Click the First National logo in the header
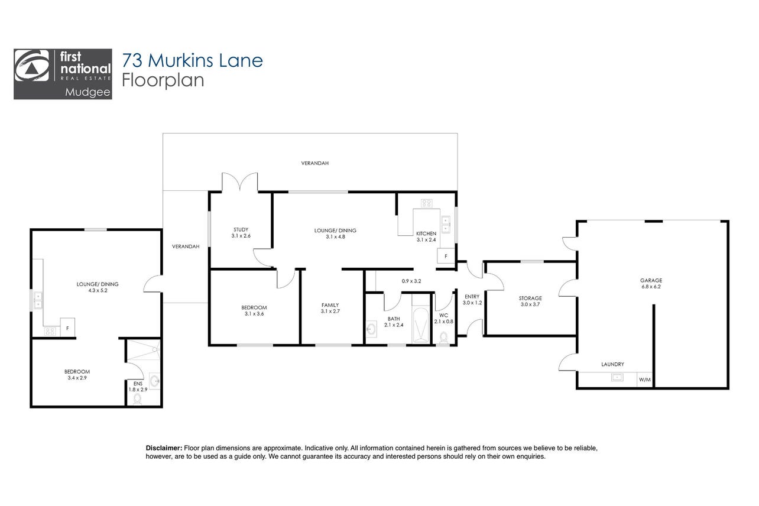coord(63,74)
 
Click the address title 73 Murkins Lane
coord(192,60)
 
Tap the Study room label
coord(241,229)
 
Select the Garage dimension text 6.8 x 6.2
coord(651,287)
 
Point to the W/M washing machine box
coord(645,379)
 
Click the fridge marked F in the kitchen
coord(446,256)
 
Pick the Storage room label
coord(530,299)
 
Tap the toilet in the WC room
coord(443,338)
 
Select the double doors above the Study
coord(239,182)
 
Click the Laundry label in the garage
coord(612,364)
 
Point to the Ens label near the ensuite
coord(138,384)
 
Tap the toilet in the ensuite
coord(138,398)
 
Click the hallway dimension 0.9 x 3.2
coord(411,281)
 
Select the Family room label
coord(330,305)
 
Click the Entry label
coord(472,297)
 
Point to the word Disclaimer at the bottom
coord(164,448)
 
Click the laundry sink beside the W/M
coord(617,377)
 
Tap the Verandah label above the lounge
coord(315,163)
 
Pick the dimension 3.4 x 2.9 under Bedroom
coord(77,378)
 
